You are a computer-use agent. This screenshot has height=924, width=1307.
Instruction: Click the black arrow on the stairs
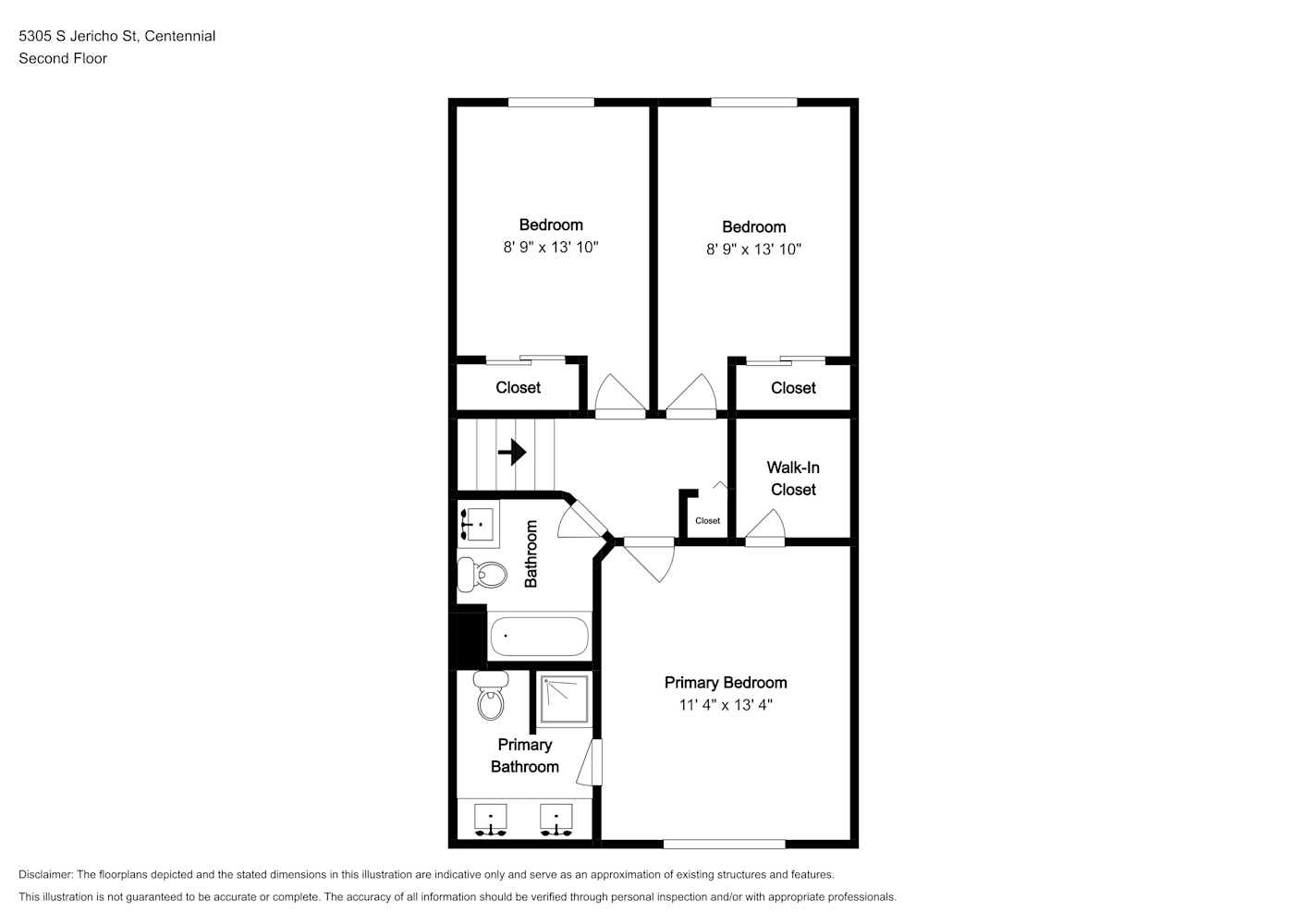pyautogui.click(x=512, y=452)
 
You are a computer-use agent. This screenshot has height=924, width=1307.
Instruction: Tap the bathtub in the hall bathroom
pyautogui.click(x=540, y=636)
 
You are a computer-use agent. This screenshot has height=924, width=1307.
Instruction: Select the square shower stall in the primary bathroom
pyautogui.click(x=564, y=699)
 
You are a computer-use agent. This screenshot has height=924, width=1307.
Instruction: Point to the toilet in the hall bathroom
pyautogui.click(x=482, y=575)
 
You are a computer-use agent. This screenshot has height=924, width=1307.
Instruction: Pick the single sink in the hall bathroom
pyautogui.click(x=478, y=524)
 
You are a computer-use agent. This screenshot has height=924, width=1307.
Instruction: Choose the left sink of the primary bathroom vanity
pyautogui.click(x=490, y=820)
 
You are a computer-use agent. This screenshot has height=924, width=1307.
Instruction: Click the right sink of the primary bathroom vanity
pyautogui.click(x=556, y=820)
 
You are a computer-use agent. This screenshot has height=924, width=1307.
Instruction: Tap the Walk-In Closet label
pyautogui.click(x=793, y=479)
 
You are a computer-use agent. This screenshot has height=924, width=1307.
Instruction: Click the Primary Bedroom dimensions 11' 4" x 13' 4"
pyautogui.click(x=726, y=705)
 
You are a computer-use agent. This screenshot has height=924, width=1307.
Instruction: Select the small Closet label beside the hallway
pyautogui.click(x=707, y=520)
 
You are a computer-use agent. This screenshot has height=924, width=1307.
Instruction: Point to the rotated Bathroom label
pyautogui.click(x=531, y=553)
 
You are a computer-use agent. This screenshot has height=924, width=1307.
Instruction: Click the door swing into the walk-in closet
pyautogui.click(x=765, y=528)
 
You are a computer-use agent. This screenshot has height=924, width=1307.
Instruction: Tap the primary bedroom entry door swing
pyautogui.click(x=650, y=559)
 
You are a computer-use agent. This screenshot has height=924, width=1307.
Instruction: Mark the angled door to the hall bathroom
pyautogui.click(x=581, y=517)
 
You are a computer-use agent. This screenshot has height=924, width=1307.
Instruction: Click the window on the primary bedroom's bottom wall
pyautogui.click(x=724, y=844)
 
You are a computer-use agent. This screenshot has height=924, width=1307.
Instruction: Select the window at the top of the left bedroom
pyautogui.click(x=551, y=103)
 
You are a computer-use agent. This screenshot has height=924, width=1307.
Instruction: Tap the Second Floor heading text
pyautogui.click(x=63, y=58)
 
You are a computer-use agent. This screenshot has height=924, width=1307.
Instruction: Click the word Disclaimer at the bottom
pyautogui.click(x=45, y=874)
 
